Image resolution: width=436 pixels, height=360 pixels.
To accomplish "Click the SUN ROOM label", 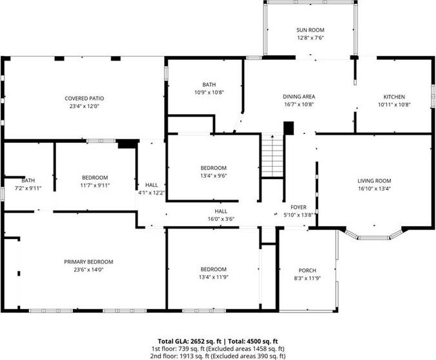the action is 310,30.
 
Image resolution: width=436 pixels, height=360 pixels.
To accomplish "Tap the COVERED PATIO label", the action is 84,99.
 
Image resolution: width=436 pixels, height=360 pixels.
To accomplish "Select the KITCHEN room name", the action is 394,97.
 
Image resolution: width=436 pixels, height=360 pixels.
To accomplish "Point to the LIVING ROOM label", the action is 374,181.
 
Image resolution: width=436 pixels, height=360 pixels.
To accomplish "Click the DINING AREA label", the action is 299,97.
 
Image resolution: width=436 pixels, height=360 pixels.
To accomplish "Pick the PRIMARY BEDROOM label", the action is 88,261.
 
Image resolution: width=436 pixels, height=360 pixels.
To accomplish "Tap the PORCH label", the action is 307,270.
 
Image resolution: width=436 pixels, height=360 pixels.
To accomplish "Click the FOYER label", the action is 298,207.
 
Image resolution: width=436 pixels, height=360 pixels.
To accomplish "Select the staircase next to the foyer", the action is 272,155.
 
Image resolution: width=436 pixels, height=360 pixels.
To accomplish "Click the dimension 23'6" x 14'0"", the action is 88,269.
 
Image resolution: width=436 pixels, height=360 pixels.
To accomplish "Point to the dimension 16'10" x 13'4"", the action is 374,189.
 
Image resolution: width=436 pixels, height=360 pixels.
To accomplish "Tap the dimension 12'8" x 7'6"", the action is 310,38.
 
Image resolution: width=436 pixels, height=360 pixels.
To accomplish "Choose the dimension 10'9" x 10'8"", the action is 209,92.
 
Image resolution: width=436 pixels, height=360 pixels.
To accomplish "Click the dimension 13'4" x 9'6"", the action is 214,176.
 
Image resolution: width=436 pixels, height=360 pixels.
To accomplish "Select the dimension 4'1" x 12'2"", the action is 151,193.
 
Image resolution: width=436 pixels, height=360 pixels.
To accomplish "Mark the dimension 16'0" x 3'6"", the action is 221,219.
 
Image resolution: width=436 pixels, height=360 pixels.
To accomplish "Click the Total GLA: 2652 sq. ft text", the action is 189,341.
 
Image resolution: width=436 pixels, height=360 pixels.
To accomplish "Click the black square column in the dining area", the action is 289,128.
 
